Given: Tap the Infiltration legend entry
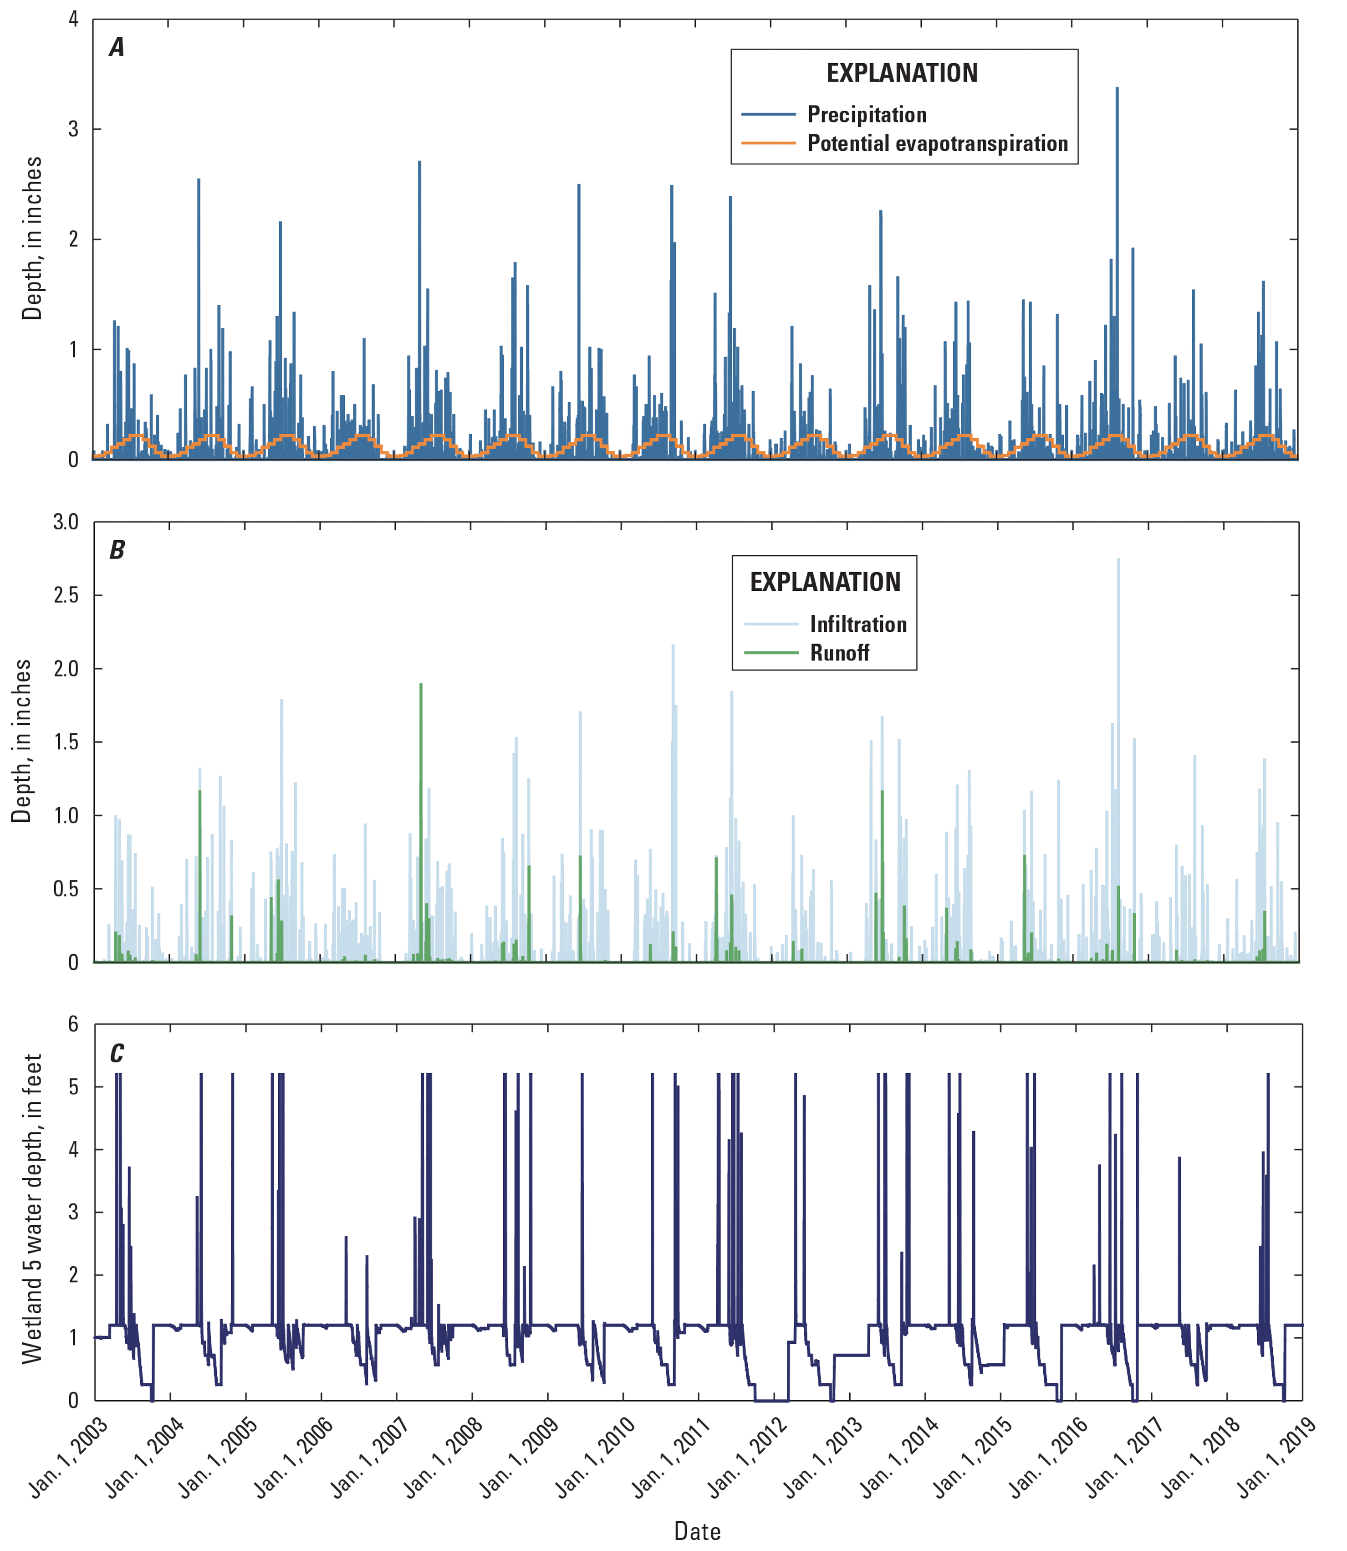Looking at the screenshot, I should pos(857,624).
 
